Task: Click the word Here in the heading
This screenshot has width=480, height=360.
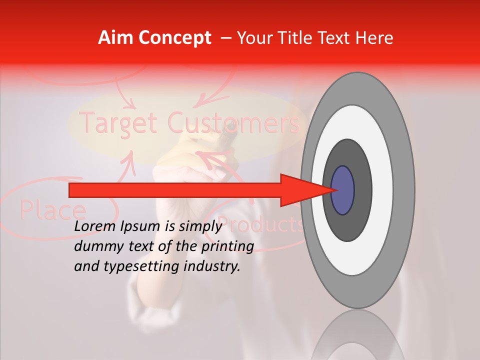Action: click(374, 38)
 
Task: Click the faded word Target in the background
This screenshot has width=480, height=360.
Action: click(119, 122)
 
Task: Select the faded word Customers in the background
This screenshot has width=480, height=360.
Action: click(233, 122)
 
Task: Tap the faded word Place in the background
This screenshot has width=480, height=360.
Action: click(52, 210)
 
